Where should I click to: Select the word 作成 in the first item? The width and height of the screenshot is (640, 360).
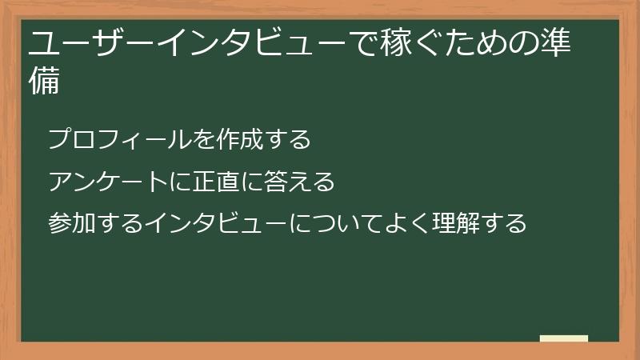(238, 140)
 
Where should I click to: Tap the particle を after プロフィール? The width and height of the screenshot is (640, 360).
(203, 140)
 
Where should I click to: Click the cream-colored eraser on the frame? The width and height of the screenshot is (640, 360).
(564, 338)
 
